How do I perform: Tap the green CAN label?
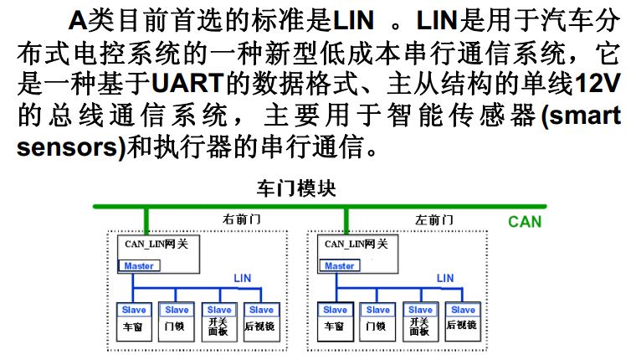(x=524, y=222)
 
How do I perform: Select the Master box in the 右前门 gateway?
(x=139, y=266)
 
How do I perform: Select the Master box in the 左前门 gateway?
(x=340, y=266)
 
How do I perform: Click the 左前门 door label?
(x=435, y=219)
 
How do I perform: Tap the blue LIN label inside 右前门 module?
(x=243, y=278)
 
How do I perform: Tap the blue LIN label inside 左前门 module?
(x=445, y=278)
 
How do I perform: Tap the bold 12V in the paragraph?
(x=594, y=83)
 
